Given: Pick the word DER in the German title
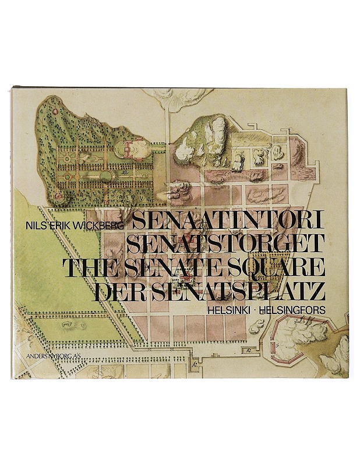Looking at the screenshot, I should pos(114,291).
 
